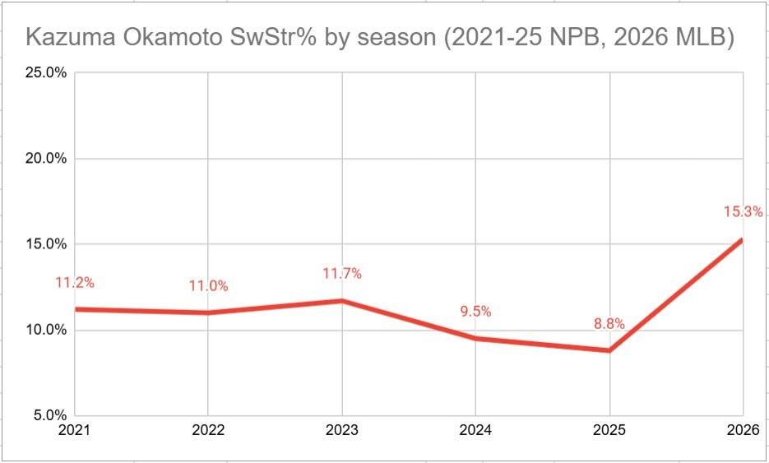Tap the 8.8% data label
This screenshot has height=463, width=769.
coord(609,323)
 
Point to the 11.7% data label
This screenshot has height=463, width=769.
coord(342,273)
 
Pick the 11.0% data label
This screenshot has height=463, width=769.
coord(208,285)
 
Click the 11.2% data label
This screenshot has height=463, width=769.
coord(75,282)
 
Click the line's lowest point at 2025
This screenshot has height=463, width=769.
coord(609,350)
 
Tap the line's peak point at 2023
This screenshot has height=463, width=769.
coord(342,301)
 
